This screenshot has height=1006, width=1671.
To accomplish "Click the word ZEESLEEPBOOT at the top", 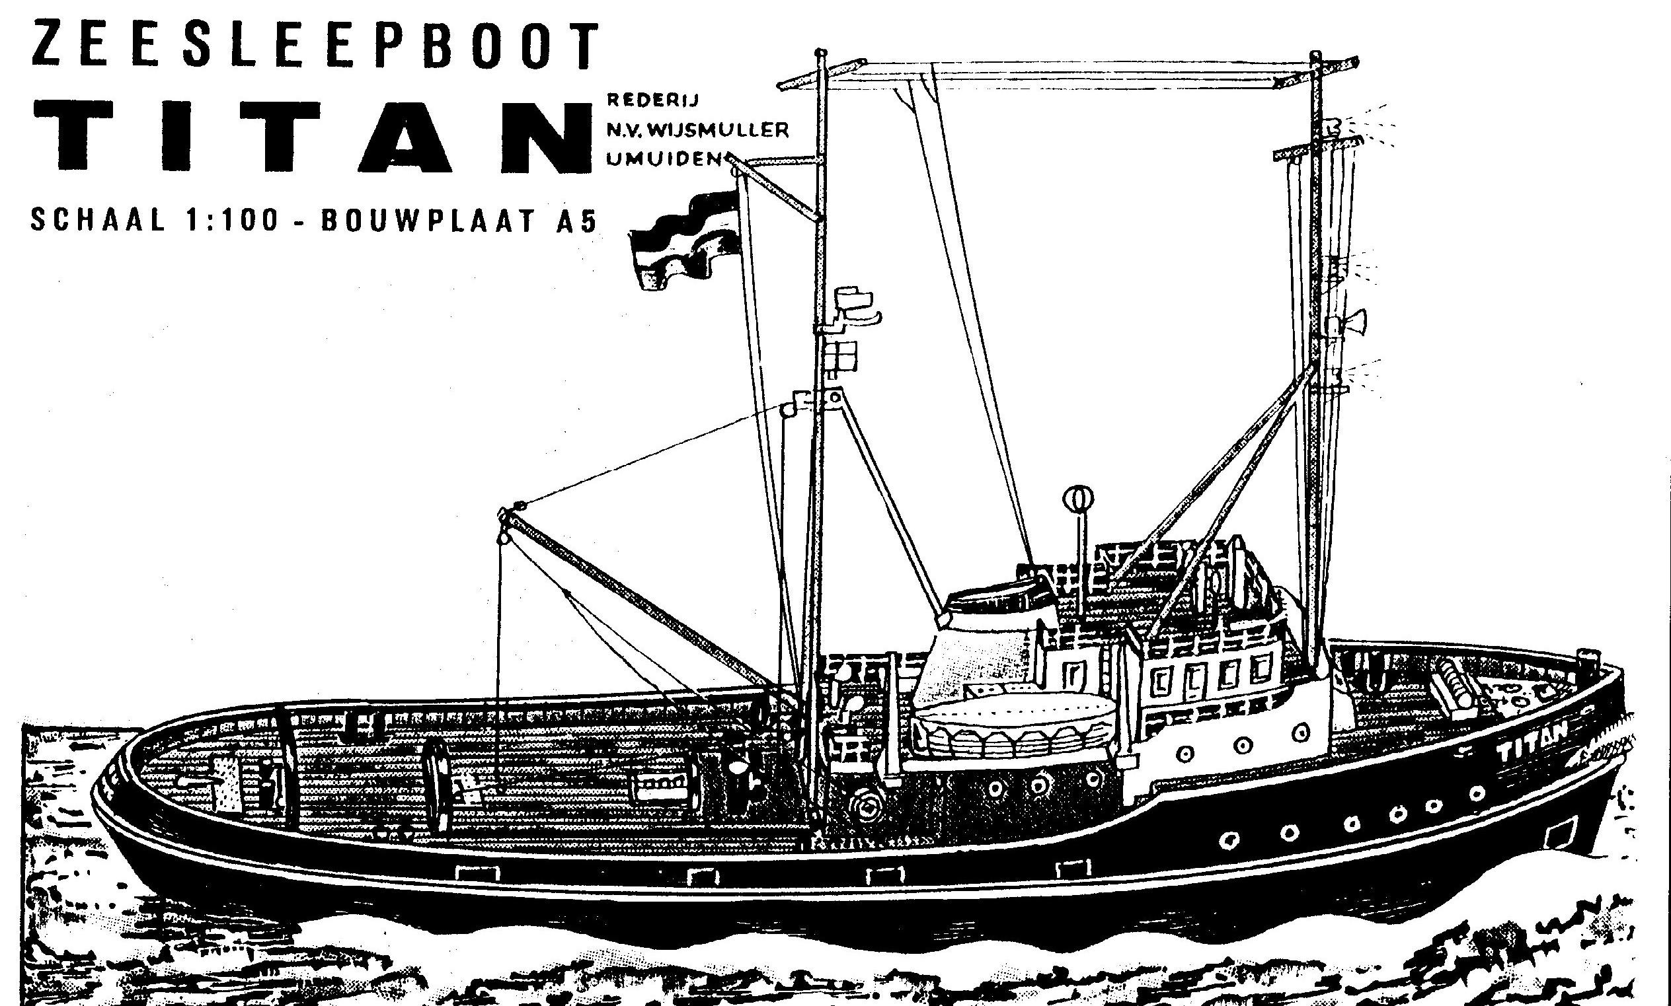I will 315,46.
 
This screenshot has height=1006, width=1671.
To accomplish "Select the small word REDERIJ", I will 652,100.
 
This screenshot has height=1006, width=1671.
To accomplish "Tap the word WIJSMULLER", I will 719,129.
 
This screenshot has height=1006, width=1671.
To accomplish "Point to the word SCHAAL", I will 98,221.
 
